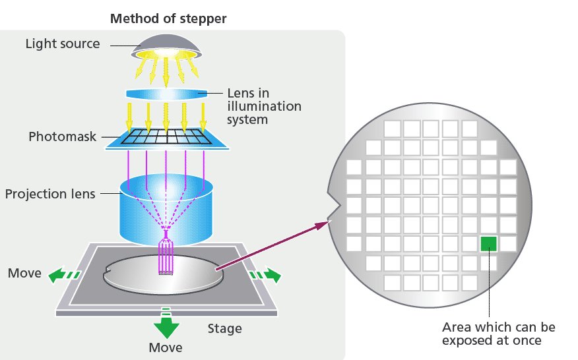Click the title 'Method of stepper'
click(168, 18)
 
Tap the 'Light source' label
click(63, 44)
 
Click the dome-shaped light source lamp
click(168, 45)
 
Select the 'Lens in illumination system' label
click(264, 106)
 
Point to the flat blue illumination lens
click(166, 94)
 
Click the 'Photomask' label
click(63, 137)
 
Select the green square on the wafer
click(489, 243)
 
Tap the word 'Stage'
click(225, 328)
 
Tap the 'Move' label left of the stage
click(24, 273)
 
